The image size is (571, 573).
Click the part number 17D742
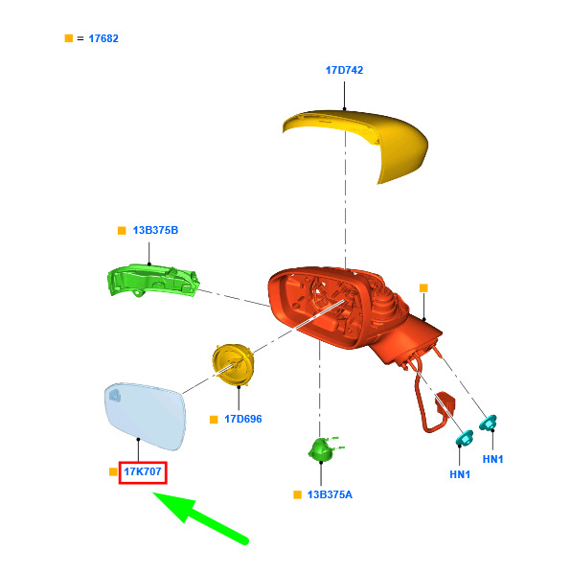click(344, 70)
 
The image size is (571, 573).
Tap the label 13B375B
click(155, 230)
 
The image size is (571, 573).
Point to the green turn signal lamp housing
click(152, 280)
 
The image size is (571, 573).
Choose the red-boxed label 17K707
click(143, 471)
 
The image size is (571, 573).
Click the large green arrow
click(200, 518)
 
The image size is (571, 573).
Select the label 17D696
click(243, 419)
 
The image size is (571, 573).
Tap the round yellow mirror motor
click(233, 364)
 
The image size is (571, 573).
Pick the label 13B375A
click(330, 494)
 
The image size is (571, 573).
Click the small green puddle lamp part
click(323, 448)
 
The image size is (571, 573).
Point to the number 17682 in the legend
click(103, 38)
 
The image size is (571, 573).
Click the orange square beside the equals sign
click(69, 38)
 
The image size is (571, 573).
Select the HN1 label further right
click(492, 459)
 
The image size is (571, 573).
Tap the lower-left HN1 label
click(460, 474)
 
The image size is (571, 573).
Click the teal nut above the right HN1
click(488, 423)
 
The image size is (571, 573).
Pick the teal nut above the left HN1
click(465, 438)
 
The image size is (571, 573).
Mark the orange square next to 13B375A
click(297, 494)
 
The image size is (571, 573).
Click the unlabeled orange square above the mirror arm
click(423, 288)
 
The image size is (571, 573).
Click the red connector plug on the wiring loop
click(445, 402)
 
